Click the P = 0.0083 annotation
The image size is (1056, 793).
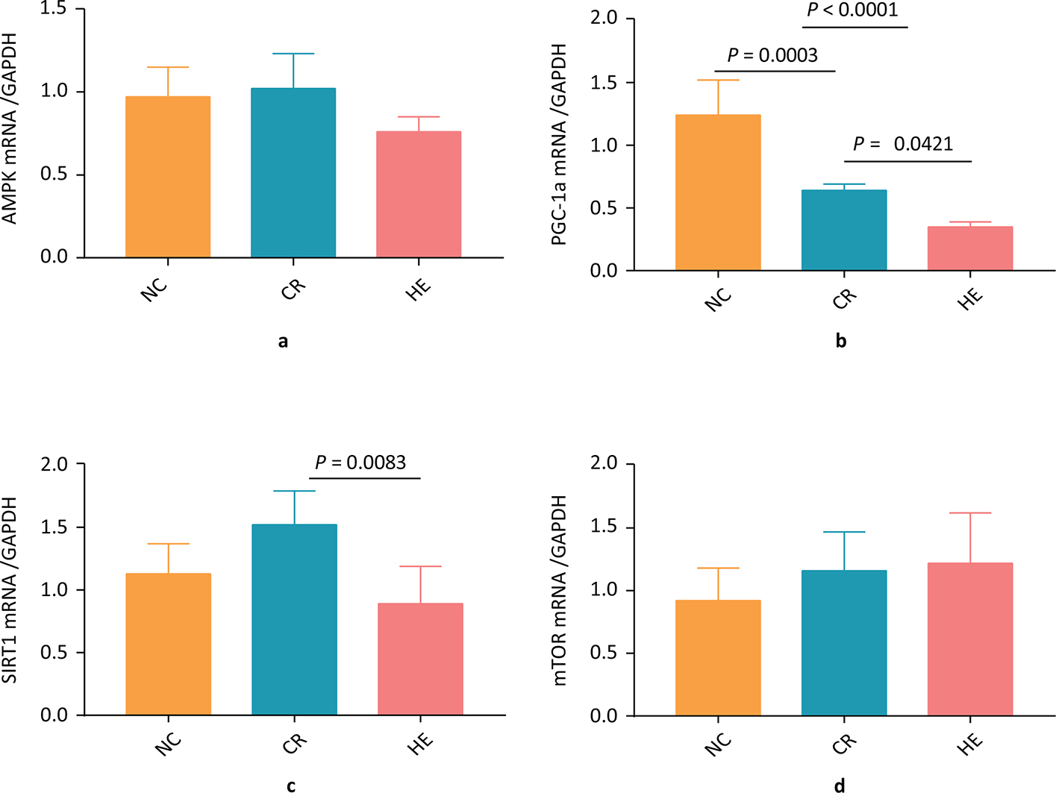(x=360, y=463)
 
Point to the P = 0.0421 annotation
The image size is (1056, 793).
(x=903, y=143)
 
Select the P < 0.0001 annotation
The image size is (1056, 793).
(x=852, y=10)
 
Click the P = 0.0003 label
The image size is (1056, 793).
(x=772, y=55)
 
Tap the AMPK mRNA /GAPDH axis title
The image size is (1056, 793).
(x=10, y=128)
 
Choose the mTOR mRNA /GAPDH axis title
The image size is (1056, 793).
(x=560, y=590)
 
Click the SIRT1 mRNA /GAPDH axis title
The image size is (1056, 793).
(x=10, y=590)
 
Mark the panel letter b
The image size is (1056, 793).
(x=841, y=342)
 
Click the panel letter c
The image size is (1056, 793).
(x=291, y=786)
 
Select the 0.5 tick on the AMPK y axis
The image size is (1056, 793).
(x=54, y=175)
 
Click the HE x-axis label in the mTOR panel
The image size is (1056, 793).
(x=970, y=742)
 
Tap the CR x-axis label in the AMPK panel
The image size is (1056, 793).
(x=293, y=289)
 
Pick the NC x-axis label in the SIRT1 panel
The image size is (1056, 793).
(x=169, y=743)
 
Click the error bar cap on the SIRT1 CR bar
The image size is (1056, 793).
(x=294, y=491)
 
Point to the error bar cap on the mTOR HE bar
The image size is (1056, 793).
(x=970, y=513)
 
